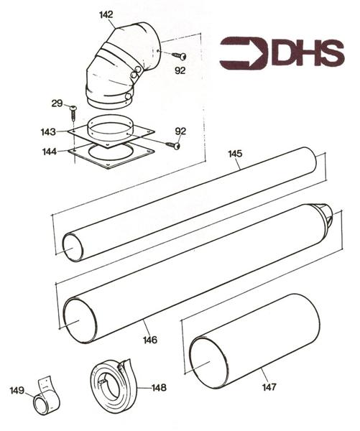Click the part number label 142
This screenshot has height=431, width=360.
[x=106, y=14]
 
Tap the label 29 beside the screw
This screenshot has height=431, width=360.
[x=57, y=103]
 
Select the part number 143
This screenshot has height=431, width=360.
[x=48, y=132]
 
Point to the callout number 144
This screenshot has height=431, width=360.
[x=50, y=152]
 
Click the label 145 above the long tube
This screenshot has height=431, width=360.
[x=235, y=154]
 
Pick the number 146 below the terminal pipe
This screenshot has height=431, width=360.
[x=150, y=340]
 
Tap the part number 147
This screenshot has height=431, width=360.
[x=269, y=387]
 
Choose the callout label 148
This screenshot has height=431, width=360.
[x=160, y=388]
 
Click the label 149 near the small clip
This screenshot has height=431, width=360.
[x=17, y=390]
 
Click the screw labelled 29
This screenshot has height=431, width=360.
[x=73, y=113]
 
